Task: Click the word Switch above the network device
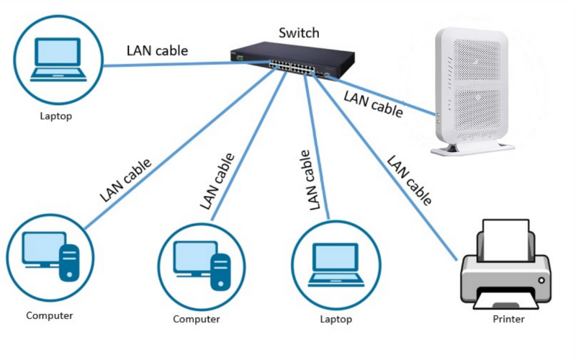pos(298,33)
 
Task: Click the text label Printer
pos(508,319)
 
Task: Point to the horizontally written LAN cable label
pos(157,50)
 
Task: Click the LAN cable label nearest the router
pos(373,102)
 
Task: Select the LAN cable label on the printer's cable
pos(410,180)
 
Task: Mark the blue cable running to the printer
pos(389,173)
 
